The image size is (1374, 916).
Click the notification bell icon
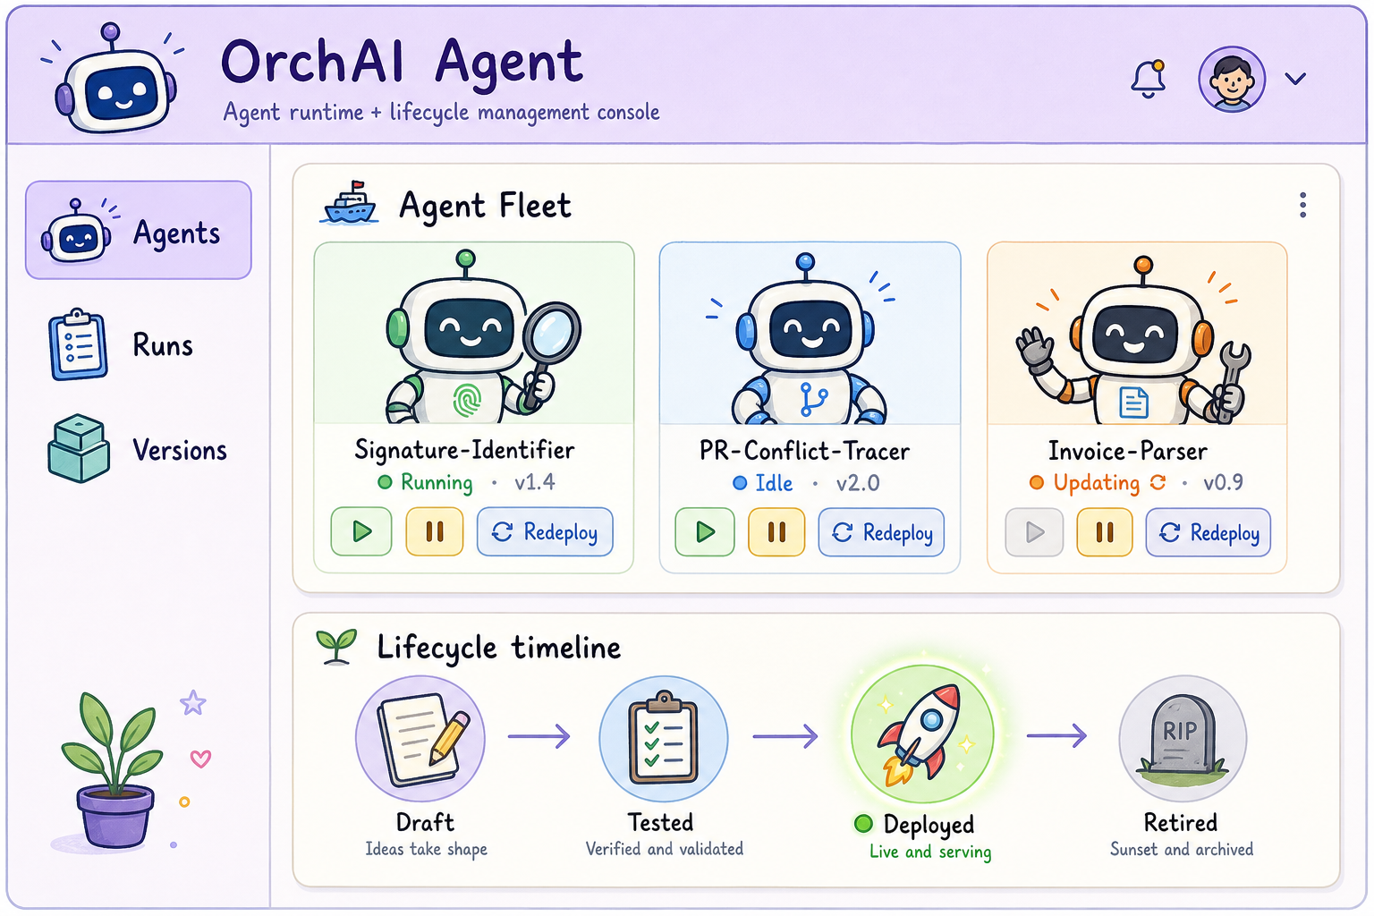pos(1148,79)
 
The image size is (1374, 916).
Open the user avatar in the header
pos(1231,80)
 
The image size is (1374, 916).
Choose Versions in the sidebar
pos(138,449)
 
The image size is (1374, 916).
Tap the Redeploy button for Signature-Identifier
pos(545,532)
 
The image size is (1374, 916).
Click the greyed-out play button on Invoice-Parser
pos(1033,532)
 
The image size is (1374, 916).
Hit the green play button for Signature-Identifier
pos(361,531)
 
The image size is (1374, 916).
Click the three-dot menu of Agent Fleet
pos(1302,205)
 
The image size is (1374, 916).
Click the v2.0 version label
pos(858,483)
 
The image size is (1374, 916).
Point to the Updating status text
pos(1096,483)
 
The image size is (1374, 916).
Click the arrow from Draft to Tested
pos(539,735)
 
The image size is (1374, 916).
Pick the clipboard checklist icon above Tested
pos(663,737)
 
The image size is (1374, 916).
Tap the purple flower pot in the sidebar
pos(114,816)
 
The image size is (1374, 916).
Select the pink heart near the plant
pos(200,759)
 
